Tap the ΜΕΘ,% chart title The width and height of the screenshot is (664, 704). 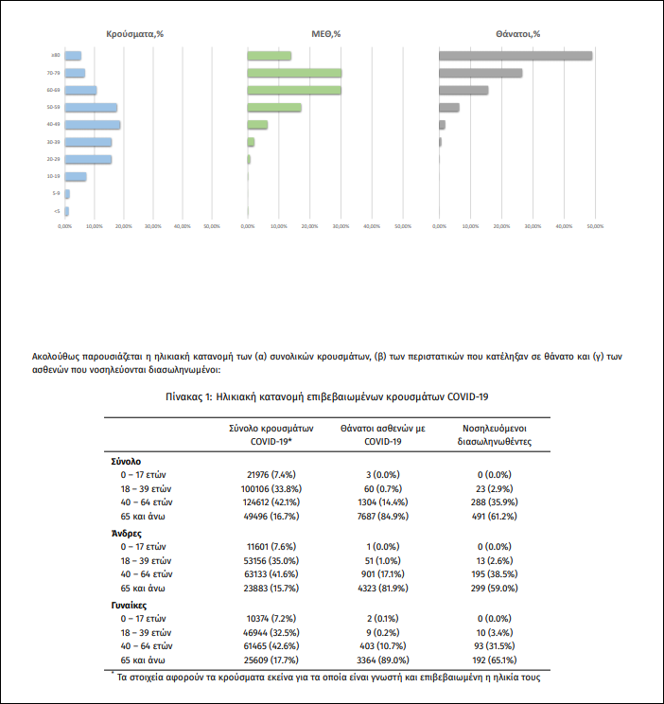[325, 33]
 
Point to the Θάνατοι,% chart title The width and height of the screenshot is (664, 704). [517, 33]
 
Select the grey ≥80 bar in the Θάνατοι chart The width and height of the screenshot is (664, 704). [515, 56]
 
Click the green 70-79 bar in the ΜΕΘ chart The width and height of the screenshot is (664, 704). [294, 73]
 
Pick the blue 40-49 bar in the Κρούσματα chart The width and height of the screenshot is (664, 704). [93, 125]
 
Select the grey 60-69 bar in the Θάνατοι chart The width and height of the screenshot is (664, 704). [463, 90]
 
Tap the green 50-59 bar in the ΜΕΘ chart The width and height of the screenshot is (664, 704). [274, 107]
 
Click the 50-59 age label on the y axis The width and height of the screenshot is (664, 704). [55, 108]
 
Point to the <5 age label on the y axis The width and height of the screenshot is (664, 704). [57, 211]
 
